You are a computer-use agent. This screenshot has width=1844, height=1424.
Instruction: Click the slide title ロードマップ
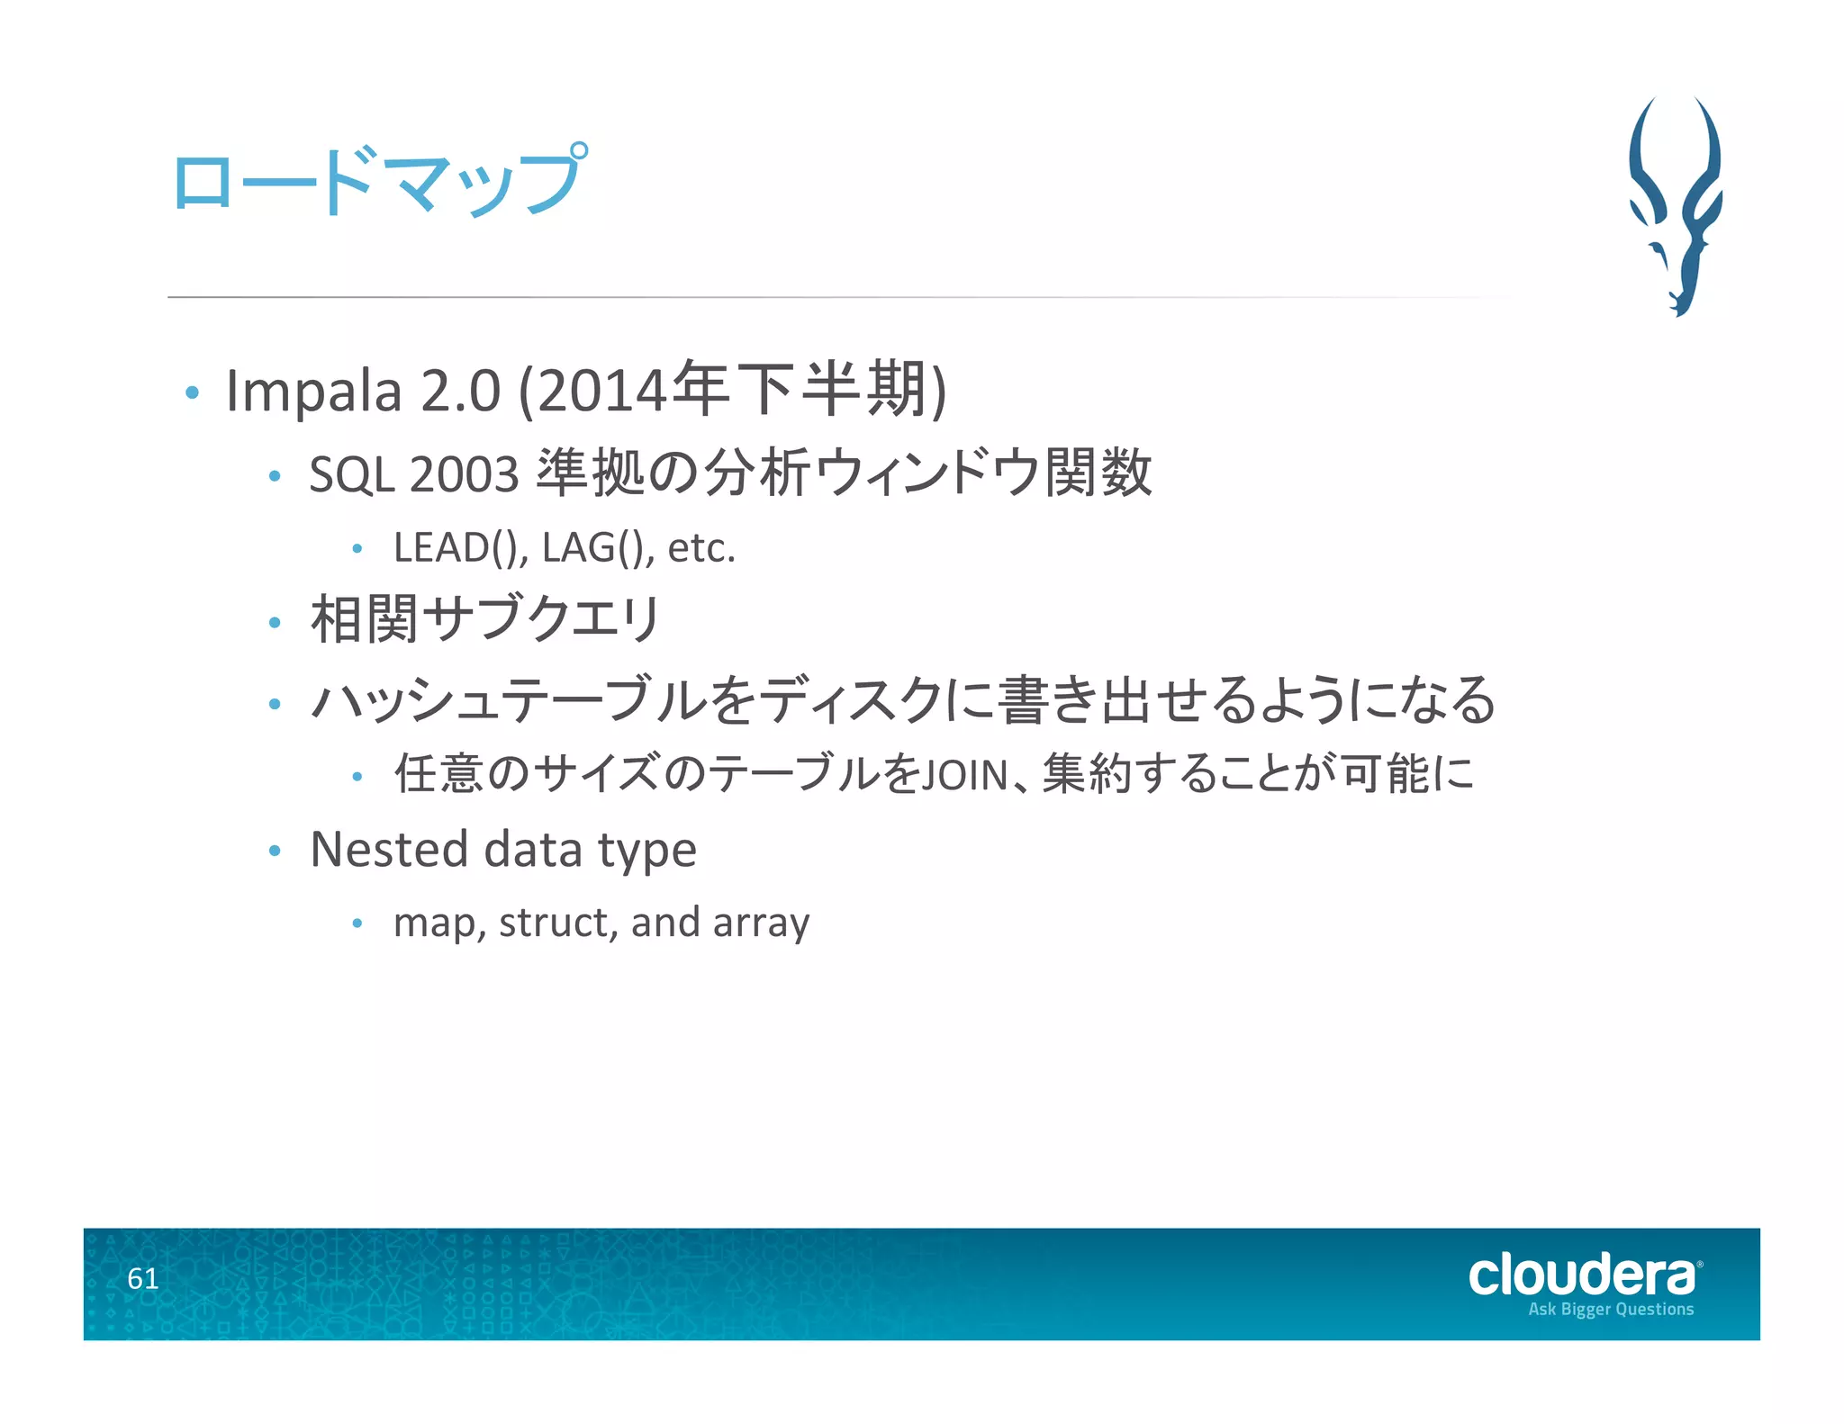(378, 182)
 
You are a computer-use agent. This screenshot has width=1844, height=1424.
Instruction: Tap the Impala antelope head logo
(1676, 206)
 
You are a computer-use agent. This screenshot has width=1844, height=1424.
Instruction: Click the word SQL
(350, 474)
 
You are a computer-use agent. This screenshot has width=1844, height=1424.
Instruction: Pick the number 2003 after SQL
(464, 474)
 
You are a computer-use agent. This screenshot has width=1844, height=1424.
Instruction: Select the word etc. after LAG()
(701, 547)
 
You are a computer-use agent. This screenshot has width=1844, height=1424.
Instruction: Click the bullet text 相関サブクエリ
(485, 620)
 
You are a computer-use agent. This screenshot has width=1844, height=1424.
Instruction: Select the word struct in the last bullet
(557, 923)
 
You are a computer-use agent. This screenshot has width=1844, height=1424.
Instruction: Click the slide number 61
(143, 1278)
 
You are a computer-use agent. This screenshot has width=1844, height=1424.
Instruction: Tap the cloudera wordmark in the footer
(1582, 1275)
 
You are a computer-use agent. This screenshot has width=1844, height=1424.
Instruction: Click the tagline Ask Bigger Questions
(1610, 1309)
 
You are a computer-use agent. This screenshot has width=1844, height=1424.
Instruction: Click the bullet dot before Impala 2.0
(191, 392)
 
